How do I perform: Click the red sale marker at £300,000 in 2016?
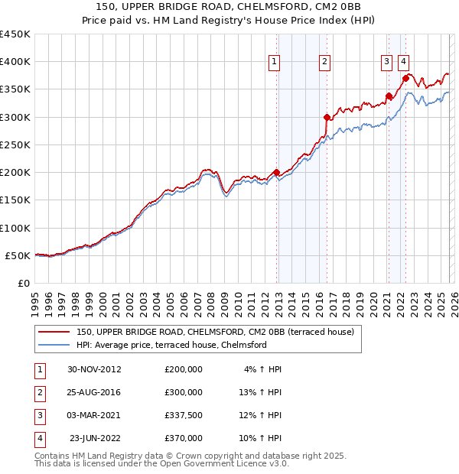(x=327, y=117)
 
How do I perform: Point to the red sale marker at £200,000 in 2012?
(x=276, y=172)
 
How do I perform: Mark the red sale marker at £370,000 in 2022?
(x=405, y=77)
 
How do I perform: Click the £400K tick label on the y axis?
(x=15, y=62)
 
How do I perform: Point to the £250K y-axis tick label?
(x=15, y=144)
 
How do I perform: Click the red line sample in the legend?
(x=54, y=333)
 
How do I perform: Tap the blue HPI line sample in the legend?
(x=54, y=345)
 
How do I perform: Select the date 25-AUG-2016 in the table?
(x=94, y=392)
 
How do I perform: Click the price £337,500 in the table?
(x=184, y=415)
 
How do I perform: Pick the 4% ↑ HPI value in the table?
(x=263, y=369)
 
